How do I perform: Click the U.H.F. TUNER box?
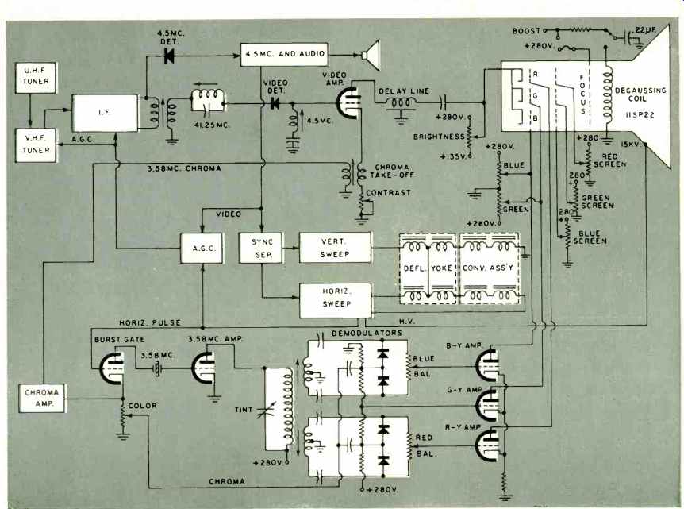[x=36, y=78]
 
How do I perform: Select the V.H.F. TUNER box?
[x=36, y=145]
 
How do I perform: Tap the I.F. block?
[x=105, y=113]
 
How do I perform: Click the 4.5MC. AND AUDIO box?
[x=284, y=54]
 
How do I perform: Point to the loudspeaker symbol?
[x=371, y=55]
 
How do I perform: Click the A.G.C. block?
[x=202, y=248]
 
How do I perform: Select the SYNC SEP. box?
[x=261, y=248]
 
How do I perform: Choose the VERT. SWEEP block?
[x=335, y=248]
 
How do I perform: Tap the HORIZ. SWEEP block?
[x=336, y=300]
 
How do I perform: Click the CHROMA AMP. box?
[x=42, y=398]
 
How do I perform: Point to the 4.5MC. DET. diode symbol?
[x=169, y=56]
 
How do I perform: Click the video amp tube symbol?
[x=349, y=103]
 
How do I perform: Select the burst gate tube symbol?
[x=112, y=368]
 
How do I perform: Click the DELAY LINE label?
[x=404, y=91]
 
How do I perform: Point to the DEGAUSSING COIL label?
[x=640, y=94]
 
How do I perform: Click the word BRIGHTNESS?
[x=439, y=137]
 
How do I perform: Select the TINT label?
[x=244, y=410]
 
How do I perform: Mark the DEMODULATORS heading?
[x=367, y=333]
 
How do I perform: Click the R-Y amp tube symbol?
[x=488, y=445]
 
